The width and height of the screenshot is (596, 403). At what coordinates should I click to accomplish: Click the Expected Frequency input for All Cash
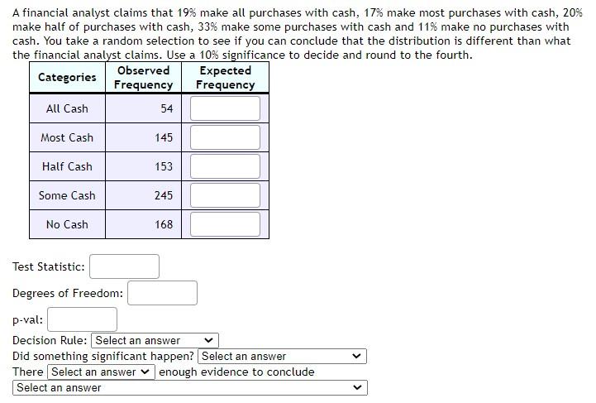coord(225,108)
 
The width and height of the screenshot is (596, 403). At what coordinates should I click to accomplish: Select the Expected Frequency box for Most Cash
coord(225,137)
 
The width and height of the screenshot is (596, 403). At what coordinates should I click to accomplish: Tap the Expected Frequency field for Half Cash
coord(225,166)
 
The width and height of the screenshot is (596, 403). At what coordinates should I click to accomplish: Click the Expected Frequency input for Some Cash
coord(225,195)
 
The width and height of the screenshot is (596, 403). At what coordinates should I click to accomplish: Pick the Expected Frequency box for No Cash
coord(225,224)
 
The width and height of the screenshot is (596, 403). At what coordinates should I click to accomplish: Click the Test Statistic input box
coord(124,266)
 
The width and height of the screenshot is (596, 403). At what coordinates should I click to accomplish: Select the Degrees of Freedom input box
coord(162,293)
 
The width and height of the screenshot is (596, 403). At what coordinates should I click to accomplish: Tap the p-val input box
coord(82,319)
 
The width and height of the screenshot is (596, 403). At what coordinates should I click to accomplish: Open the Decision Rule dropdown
coord(155,340)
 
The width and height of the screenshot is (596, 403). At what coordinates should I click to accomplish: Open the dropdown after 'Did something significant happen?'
coord(282,357)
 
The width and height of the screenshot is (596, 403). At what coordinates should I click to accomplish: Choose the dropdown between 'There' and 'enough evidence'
coord(101,372)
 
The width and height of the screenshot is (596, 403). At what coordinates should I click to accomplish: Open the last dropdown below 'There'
coord(189,388)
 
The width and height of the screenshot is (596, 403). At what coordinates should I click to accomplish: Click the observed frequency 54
coord(166,108)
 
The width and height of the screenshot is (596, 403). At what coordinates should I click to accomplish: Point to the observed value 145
coord(164,137)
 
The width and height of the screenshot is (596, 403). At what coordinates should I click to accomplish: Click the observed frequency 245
coord(164,195)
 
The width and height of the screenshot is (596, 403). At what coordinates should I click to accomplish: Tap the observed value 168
coord(164,224)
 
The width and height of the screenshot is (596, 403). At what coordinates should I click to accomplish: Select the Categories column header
coord(67,77)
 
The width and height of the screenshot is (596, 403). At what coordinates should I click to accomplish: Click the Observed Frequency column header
coord(143,78)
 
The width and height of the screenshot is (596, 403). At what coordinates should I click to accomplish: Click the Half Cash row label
coord(67,166)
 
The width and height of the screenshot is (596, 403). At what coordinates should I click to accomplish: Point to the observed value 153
coord(164,166)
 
